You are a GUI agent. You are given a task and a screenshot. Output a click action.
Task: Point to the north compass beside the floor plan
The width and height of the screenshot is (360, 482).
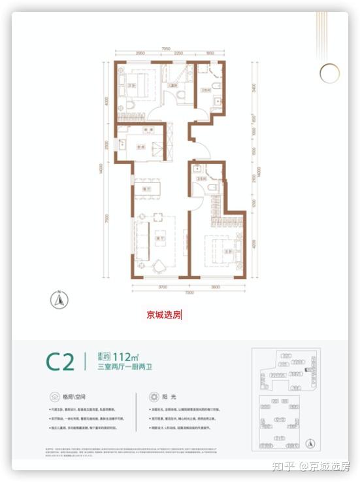click(58, 300)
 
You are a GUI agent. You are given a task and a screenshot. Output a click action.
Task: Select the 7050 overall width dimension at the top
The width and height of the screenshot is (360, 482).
click(166, 48)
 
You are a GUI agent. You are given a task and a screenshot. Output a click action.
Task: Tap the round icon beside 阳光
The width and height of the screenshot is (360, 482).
click(154, 396)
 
